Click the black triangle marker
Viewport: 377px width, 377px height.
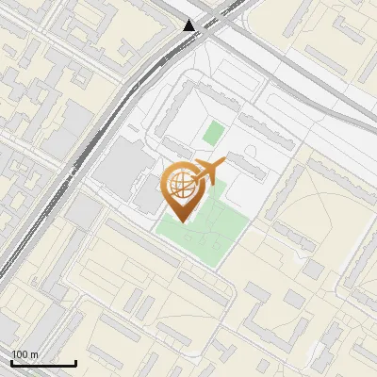(x=190, y=25)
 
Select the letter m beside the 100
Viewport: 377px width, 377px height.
(x=35, y=355)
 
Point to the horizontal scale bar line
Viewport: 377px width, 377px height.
(x=43, y=364)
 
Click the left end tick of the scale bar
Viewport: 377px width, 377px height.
(x=11, y=362)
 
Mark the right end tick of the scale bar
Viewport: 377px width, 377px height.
(x=75, y=362)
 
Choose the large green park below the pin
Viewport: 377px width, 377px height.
(x=207, y=226)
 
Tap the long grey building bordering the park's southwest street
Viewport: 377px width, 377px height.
(x=188, y=274)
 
